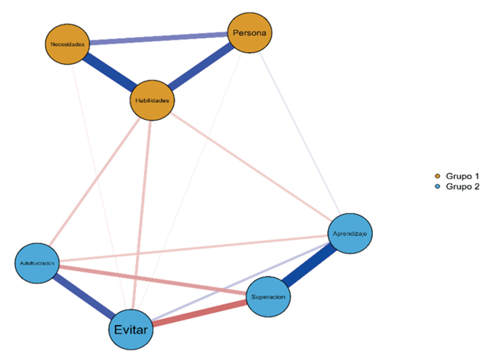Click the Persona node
[250, 33]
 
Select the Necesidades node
[66, 44]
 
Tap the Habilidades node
[151, 101]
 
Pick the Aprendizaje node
[348, 234]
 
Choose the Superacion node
[269, 297]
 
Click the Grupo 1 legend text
[461, 174]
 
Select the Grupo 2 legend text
[461, 186]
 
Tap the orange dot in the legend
[438, 174]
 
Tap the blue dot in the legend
[438, 186]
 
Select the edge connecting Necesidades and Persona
[158, 39]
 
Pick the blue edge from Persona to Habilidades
[201, 67]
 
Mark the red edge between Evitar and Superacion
[201, 313]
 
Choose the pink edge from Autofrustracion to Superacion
[150, 281]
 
